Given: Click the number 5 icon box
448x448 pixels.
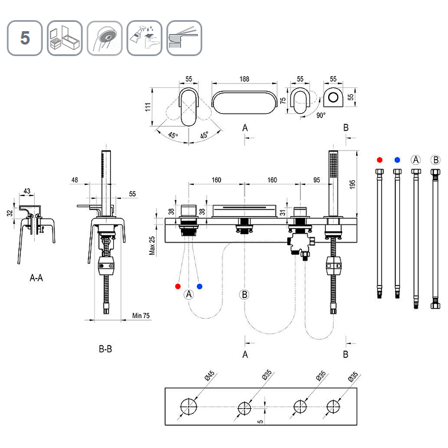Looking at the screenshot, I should coord(25,38).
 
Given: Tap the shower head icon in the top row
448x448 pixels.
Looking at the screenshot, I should coord(104,38).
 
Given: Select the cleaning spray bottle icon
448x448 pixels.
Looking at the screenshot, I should coord(144,38).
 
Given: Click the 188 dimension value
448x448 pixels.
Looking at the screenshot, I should coord(244,80).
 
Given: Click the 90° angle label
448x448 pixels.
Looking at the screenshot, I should coord(320,115).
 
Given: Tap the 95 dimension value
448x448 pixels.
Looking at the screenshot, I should coord(316,180).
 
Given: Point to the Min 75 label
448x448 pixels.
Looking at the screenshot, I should coord(141,316).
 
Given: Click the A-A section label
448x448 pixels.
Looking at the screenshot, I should coord(36,277).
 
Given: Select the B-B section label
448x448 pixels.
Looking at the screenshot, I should coord(105,349).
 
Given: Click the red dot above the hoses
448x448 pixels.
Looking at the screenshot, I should coord(380,159).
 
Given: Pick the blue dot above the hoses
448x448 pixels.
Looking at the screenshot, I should coord(397,159).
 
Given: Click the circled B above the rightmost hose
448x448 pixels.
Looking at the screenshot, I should coord(436,159).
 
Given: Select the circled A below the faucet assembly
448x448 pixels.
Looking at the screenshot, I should coord(189,294).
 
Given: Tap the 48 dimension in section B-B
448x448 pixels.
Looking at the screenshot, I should coord(75,180).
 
